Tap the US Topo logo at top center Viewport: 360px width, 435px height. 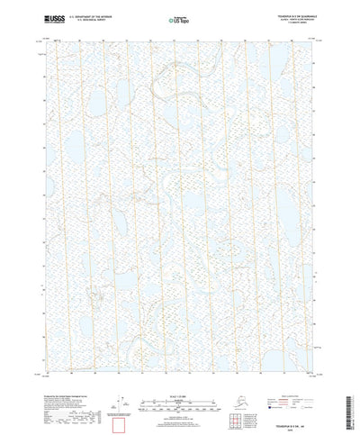pos(180,18)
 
